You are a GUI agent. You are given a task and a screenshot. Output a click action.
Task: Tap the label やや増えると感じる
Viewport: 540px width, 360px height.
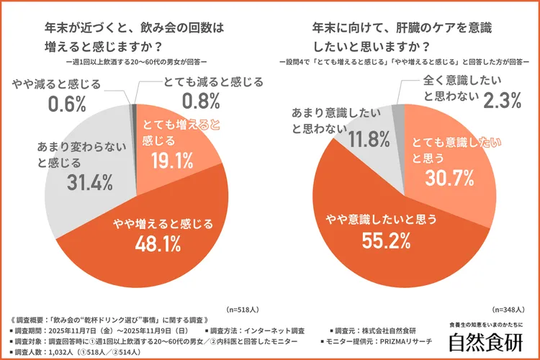[163, 223]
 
